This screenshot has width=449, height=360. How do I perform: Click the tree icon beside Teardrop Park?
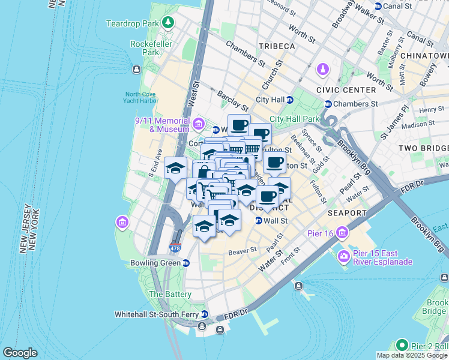coord(169,23)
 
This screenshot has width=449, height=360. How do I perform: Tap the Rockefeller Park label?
coord(151,48)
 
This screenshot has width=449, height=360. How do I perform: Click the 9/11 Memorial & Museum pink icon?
coord(198,124)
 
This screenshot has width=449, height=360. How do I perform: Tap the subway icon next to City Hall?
coord(289,100)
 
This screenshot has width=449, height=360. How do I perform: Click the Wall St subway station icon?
coord(259,221)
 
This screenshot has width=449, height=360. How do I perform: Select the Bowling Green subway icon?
coord(186,263)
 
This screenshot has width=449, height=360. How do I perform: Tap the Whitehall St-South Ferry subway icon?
coord(205,314)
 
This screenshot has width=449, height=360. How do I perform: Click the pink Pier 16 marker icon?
coord(342,232)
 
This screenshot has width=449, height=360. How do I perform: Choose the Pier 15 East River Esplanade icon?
coord(344,257)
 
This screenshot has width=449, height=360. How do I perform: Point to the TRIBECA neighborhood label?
coord(277,46)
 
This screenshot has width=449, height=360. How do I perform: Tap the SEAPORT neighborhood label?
coord(347,213)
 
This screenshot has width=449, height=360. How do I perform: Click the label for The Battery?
coord(170,295)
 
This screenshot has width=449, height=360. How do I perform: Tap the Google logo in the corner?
coord(20,352)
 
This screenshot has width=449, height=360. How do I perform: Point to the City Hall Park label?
coord(295,119)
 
